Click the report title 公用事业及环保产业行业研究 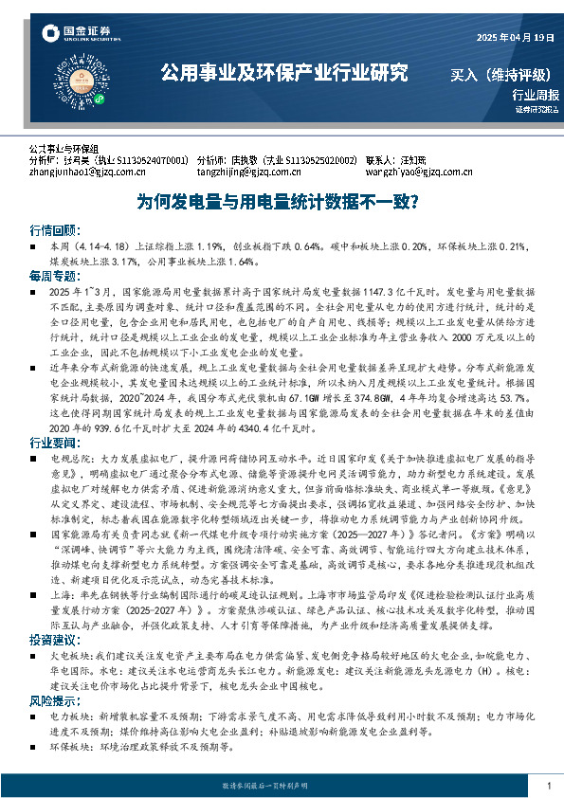pyautogui.click(x=283, y=71)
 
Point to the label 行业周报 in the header pyautogui.click(x=536, y=95)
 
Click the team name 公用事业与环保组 pyautogui.click(x=64, y=150)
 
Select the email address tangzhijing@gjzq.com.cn pyautogui.click(x=249, y=172)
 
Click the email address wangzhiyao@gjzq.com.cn pyautogui.click(x=419, y=172)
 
